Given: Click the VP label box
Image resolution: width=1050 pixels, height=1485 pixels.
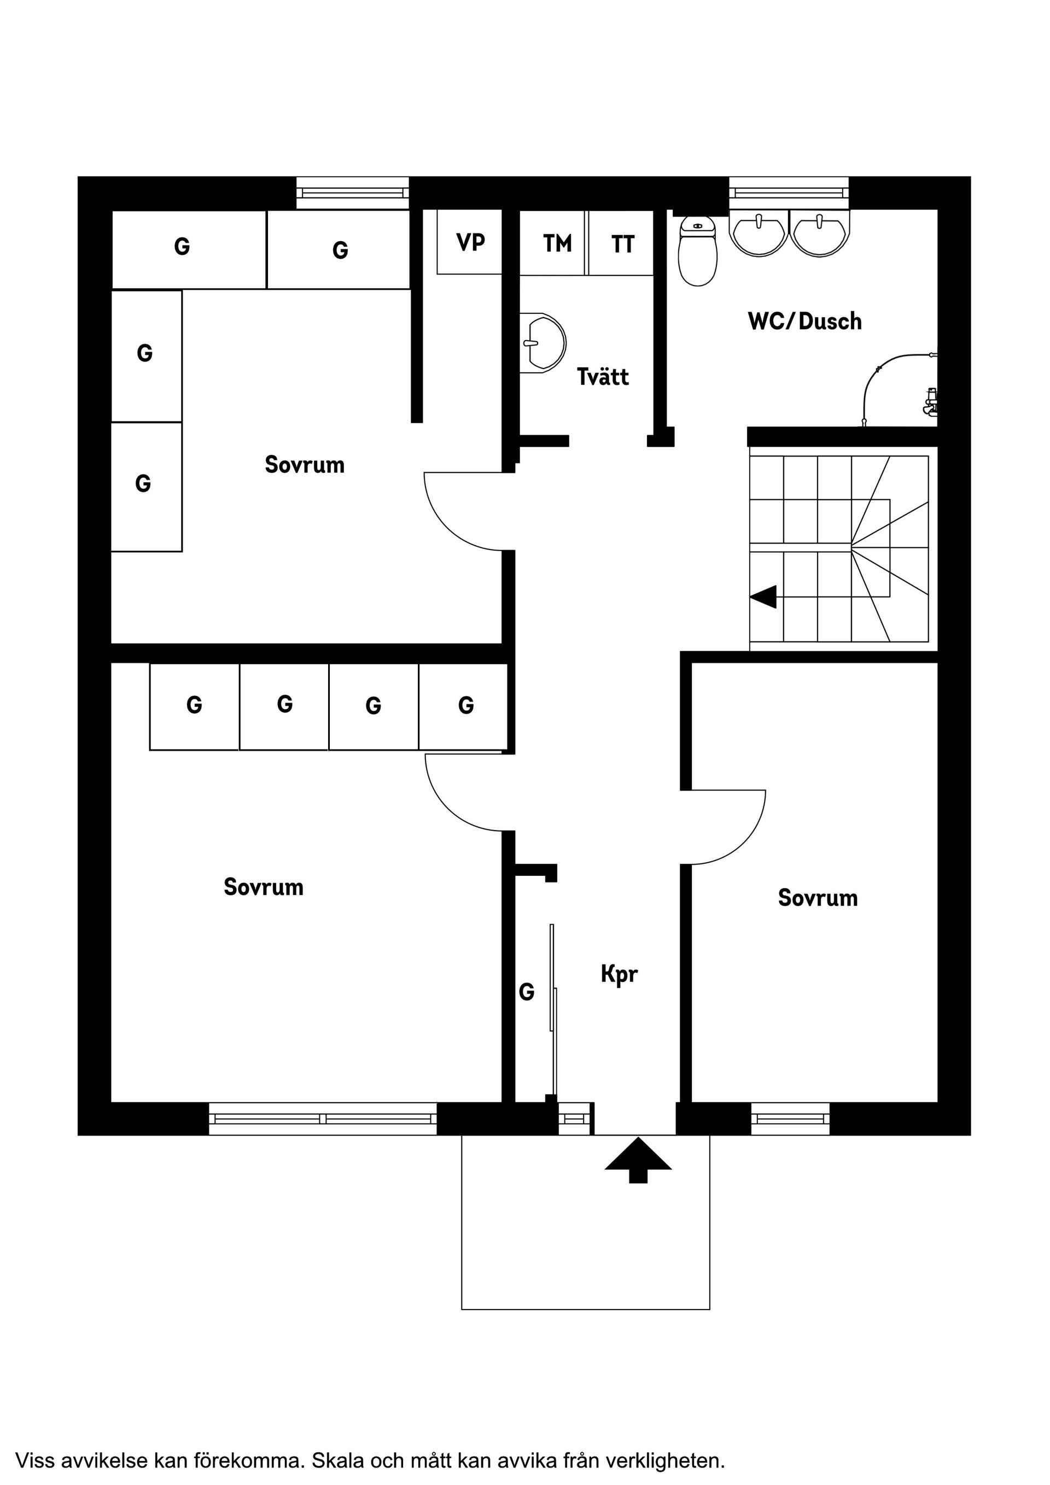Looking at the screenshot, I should (x=470, y=242).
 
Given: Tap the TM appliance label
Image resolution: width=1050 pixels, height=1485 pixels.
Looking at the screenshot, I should (x=557, y=244).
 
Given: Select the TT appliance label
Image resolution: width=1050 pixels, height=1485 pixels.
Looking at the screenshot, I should (x=622, y=244).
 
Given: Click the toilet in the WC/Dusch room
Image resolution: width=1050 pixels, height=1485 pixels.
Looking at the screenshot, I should (x=697, y=252).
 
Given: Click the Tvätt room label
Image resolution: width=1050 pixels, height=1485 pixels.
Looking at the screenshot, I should (x=602, y=376).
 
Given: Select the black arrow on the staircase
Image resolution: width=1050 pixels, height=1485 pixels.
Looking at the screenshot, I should (x=763, y=597).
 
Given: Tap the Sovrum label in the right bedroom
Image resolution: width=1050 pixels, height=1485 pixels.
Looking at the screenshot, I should (x=817, y=898).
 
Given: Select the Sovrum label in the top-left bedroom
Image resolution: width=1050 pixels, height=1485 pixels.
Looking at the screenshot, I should (x=304, y=464).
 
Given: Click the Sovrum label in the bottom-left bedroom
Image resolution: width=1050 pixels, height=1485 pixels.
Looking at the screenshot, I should (x=263, y=887).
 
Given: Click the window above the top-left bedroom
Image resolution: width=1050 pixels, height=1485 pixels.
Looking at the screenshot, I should (x=353, y=193).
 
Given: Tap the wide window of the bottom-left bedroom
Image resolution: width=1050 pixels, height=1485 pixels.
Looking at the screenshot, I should (x=323, y=1118).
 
